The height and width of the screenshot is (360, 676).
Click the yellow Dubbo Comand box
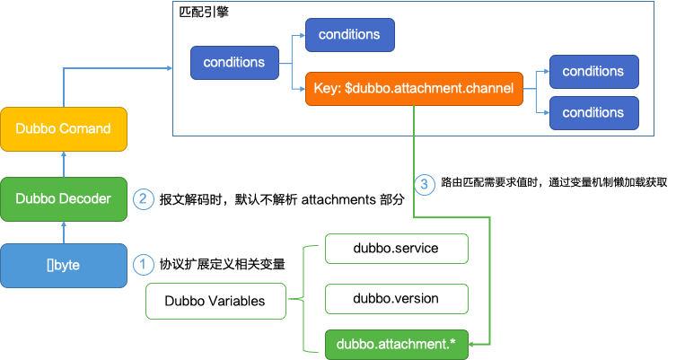click(63, 130)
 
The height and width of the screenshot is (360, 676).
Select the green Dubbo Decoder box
click(63, 198)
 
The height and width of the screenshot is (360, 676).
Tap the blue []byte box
click(63, 265)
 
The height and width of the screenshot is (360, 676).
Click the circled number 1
click(143, 265)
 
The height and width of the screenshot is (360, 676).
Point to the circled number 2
click(143, 198)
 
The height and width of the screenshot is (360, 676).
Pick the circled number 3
click(426, 185)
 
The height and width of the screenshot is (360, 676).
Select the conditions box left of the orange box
click(233, 63)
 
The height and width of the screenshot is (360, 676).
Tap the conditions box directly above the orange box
click(349, 35)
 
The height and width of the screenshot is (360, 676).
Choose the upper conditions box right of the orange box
click(593, 71)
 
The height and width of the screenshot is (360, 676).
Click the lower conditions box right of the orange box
click(593, 113)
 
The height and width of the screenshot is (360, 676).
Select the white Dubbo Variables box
click(215, 301)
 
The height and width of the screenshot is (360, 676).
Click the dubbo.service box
click(396, 248)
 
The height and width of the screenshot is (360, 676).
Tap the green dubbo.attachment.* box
click(396, 345)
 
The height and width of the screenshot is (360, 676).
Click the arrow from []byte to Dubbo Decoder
click(63, 232)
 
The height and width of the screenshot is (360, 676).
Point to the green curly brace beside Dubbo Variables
click(303, 297)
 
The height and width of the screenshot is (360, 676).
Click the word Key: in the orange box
click(328, 89)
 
